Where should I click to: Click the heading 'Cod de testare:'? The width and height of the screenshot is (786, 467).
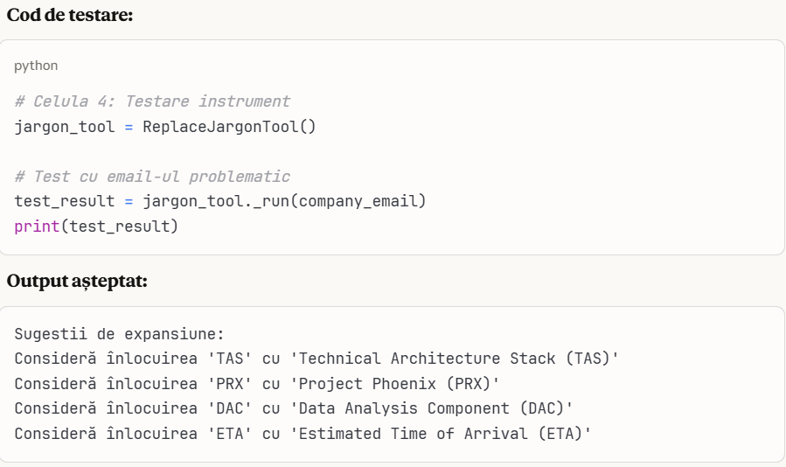69,16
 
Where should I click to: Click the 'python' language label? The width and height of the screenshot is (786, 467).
36,66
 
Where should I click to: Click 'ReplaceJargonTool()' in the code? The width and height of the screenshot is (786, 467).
229,127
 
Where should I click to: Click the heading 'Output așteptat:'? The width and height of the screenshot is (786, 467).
77,282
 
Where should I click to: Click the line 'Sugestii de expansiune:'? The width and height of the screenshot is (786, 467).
120,334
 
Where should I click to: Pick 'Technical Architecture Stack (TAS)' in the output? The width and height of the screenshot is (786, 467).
459,359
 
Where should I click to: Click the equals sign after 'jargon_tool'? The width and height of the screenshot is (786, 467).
128,127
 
